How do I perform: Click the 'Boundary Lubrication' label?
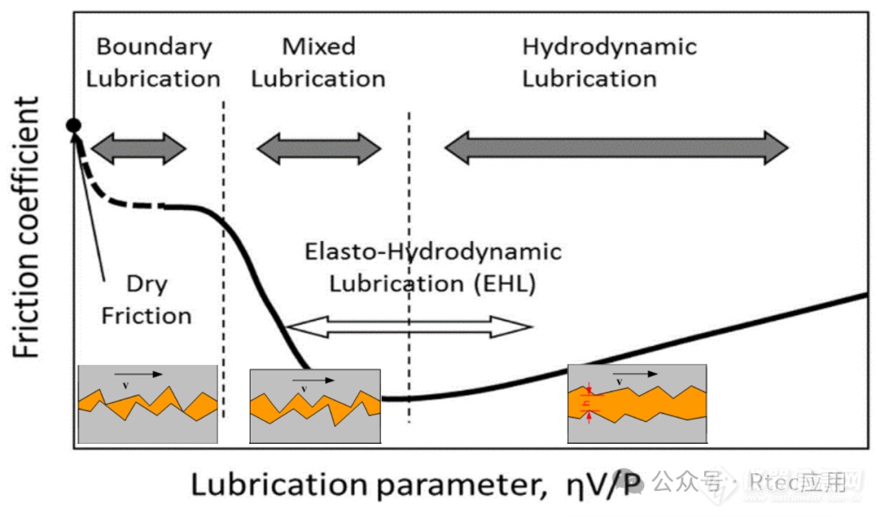click(153, 62)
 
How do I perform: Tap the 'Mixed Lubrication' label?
click(319, 62)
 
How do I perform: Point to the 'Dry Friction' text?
click(147, 299)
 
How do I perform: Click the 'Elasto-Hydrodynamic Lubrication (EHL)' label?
click(432, 268)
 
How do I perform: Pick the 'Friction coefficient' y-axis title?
click(27, 227)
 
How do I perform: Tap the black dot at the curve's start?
click(74, 125)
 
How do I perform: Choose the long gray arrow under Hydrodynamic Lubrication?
click(616, 147)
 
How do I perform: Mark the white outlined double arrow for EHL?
click(410, 327)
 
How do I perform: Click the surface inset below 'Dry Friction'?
click(147, 403)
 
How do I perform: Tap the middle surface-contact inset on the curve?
click(315, 406)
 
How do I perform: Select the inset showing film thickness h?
click(637, 403)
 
